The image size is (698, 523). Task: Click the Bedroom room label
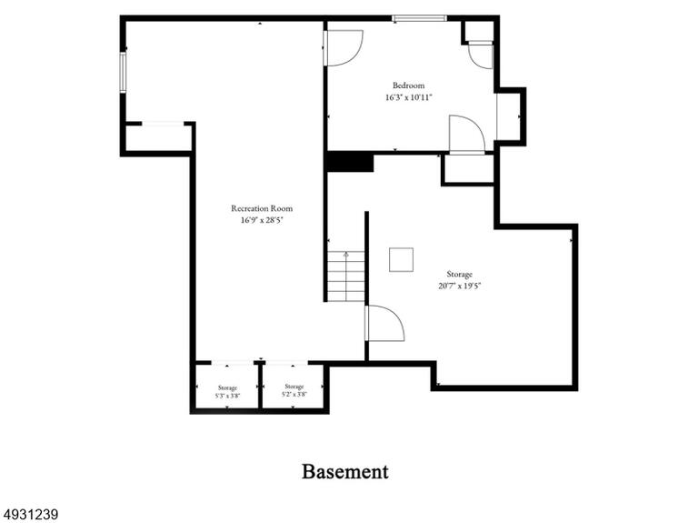tap(408, 85)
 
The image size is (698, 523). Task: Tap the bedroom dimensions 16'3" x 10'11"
tap(409, 97)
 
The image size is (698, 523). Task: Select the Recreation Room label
tap(262, 208)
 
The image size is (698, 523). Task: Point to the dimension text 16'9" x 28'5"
tap(262, 220)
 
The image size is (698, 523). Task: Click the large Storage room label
tap(459, 274)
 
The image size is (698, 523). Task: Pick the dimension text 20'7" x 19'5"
tap(459, 286)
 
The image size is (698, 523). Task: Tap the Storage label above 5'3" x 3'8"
tap(227, 388)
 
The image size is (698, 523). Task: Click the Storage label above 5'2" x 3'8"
tap(294, 387)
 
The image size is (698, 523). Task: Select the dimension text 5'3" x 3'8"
tap(227, 396)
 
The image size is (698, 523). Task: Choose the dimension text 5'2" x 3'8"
tap(294, 394)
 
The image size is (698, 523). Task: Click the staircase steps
tap(346, 277)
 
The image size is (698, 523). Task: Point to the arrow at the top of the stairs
tap(346, 255)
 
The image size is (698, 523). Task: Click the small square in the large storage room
tap(401, 260)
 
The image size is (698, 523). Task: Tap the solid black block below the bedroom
tap(350, 162)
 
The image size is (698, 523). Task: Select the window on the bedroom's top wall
tap(419, 18)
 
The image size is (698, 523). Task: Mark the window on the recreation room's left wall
tap(123, 72)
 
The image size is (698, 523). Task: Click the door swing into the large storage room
tap(384, 324)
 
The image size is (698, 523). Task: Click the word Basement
tap(345, 471)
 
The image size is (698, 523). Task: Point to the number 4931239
tap(29, 515)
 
